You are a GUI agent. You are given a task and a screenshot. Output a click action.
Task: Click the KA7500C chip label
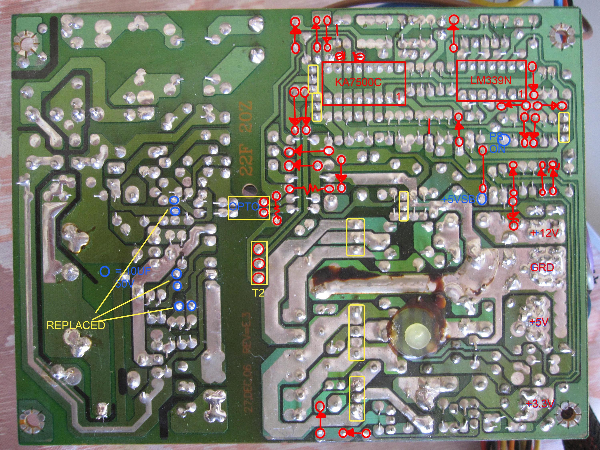(x=358, y=82)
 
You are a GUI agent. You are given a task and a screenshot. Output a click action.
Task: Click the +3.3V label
(x=541, y=411)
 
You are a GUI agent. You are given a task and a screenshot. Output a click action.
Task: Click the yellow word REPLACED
(x=76, y=325)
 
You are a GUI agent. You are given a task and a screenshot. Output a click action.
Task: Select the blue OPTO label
(x=244, y=207)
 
